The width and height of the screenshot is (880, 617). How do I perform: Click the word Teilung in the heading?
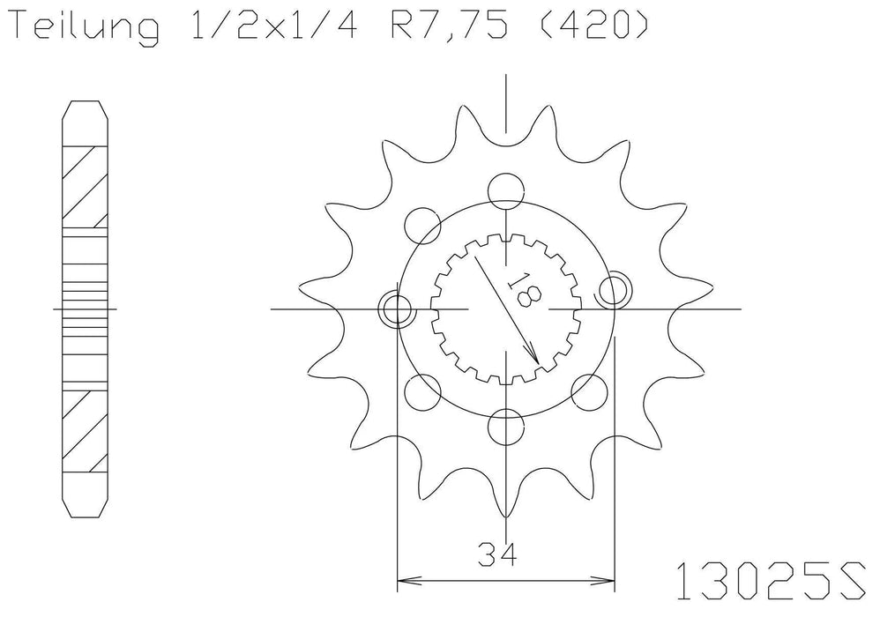(x=84, y=28)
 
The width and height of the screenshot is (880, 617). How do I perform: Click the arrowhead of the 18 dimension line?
(x=534, y=358)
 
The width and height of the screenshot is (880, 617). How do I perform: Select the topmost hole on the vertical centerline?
(x=505, y=189)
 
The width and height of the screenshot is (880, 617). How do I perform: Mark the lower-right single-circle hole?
(x=588, y=389)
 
